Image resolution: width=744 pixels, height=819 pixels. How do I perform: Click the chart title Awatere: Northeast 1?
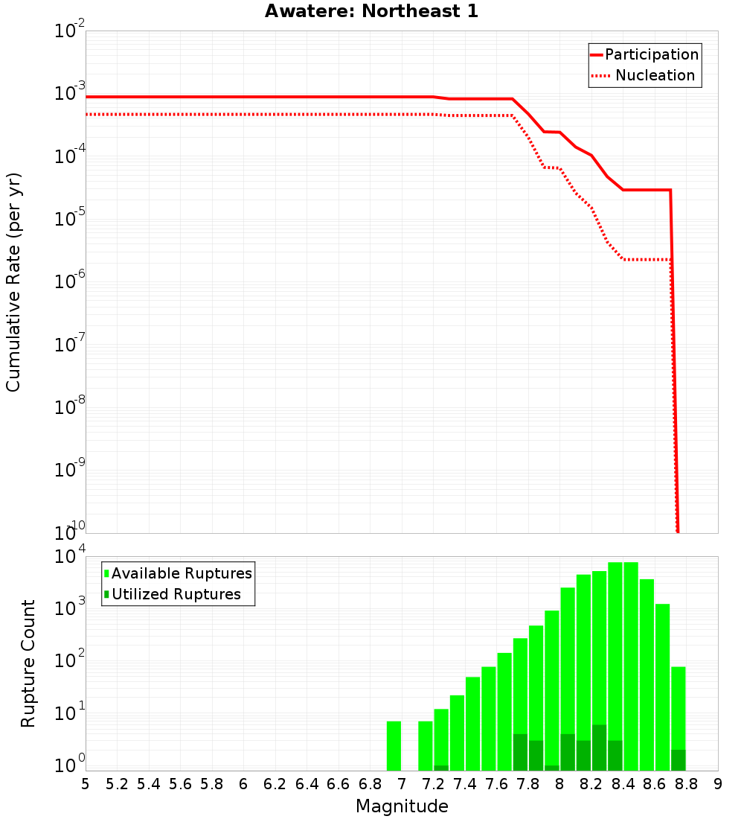(371, 12)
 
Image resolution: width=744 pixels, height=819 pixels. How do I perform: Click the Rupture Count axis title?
(28, 663)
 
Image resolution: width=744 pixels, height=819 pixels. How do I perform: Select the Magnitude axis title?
(402, 806)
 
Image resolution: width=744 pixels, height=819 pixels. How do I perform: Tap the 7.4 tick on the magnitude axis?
(465, 784)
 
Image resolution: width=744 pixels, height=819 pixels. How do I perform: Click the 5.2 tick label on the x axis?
(117, 784)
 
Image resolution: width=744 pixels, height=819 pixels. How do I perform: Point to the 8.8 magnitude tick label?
(687, 784)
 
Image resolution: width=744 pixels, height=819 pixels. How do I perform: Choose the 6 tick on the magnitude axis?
(243, 784)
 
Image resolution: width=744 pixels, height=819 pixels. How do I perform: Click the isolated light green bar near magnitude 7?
(394, 745)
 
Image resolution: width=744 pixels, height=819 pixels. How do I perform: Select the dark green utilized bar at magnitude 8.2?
(599, 748)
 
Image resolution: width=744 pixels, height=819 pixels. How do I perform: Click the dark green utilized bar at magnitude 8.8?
(678, 760)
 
